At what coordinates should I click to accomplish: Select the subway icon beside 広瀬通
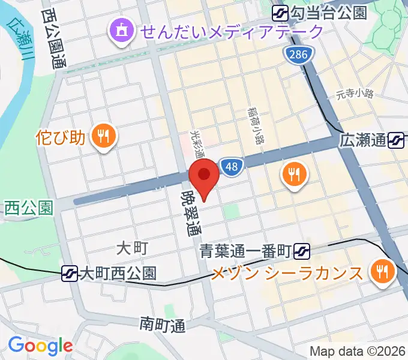tap(396, 141)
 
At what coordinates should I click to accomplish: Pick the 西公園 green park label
tap(28, 208)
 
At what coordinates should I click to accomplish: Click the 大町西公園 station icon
tap(70, 274)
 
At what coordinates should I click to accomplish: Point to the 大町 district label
tap(131, 247)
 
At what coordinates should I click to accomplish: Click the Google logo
tap(40, 346)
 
